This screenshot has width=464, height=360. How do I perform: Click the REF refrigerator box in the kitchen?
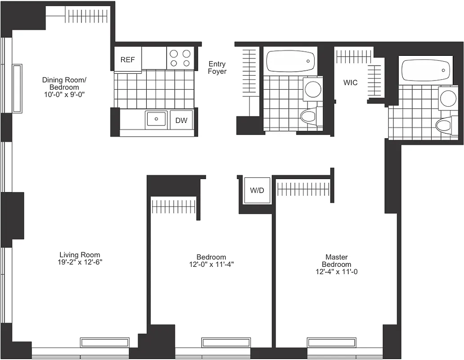pyautogui.click(x=128, y=59)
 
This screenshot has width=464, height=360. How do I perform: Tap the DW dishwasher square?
pyautogui.click(x=181, y=120)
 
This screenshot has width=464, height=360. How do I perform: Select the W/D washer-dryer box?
pyautogui.click(x=257, y=190)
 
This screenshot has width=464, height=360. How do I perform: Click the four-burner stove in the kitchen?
pyautogui.click(x=180, y=58)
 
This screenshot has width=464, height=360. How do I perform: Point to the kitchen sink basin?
pyautogui.click(x=156, y=119)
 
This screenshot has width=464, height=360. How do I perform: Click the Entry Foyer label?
pyautogui.click(x=217, y=68)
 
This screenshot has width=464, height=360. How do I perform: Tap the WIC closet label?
pyautogui.click(x=351, y=83)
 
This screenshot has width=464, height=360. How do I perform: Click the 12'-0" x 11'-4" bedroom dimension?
pyautogui.click(x=212, y=265)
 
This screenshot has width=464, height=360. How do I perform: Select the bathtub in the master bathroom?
pyautogui.click(x=426, y=70)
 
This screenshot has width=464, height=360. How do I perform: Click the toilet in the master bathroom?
pyautogui.click(x=444, y=125)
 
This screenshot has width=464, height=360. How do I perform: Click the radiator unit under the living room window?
pyautogui.click(x=104, y=342)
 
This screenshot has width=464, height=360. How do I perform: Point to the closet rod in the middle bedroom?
pyautogui.click(x=173, y=207)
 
